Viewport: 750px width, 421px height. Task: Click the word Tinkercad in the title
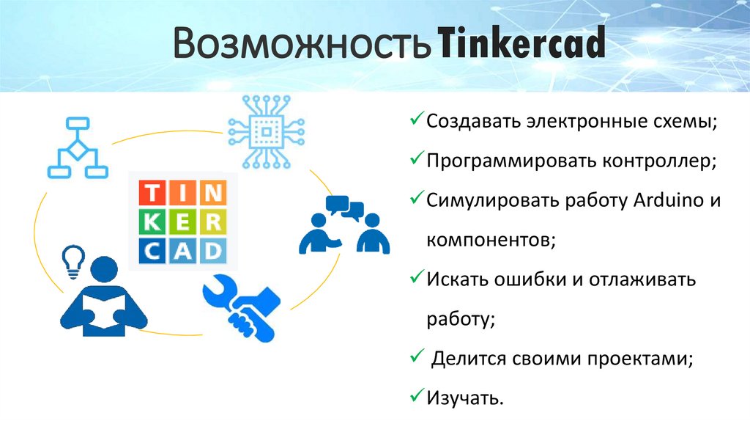click(x=522, y=46)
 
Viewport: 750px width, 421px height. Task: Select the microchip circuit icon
click(x=264, y=131)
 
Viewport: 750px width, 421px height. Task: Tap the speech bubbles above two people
click(x=345, y=208)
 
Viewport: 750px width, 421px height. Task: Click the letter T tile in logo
click(x=151, y=193)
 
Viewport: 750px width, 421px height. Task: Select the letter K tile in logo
click(x=151, y=222)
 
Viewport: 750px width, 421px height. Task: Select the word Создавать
click(x=475, y=120)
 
